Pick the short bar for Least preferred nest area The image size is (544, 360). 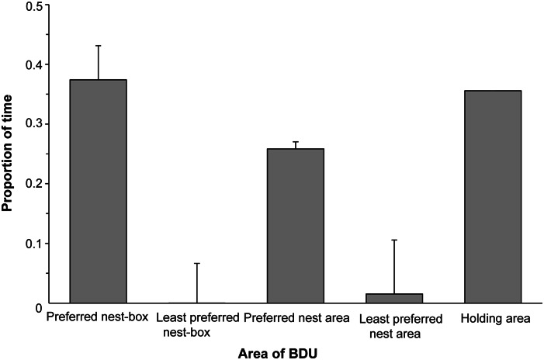click(394, 298)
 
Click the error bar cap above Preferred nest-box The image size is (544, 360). click(99, 46)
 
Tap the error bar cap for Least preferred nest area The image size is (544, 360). click(394, 241)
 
